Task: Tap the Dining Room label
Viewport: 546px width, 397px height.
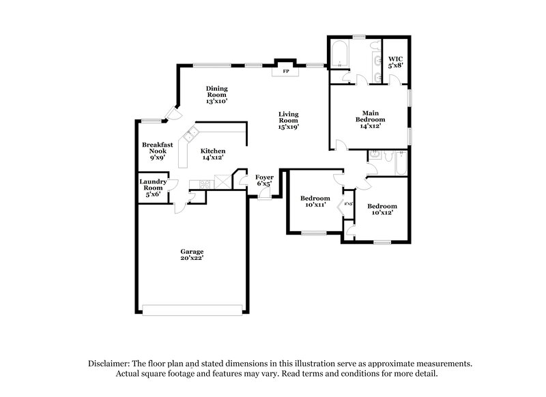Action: (x=217, y=94)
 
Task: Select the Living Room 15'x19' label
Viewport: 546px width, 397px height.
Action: (x=289, y=120)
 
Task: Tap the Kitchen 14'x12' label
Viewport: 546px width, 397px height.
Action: (x=212, y=154)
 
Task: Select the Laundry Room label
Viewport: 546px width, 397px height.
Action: (x=153, y=188)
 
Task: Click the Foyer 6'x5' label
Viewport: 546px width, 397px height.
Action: (x=264, y=180)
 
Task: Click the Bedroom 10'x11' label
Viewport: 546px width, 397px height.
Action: (x=315, y=202)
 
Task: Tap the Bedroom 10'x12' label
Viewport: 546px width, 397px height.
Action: (x=382, y=209)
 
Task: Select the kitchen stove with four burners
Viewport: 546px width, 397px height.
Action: (x=203, y=182)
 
